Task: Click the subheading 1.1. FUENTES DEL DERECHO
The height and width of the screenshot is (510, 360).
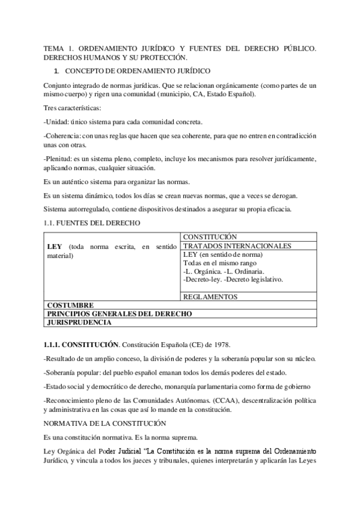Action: (92, 223)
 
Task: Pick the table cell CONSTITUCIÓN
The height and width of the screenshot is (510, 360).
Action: (210, 237)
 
